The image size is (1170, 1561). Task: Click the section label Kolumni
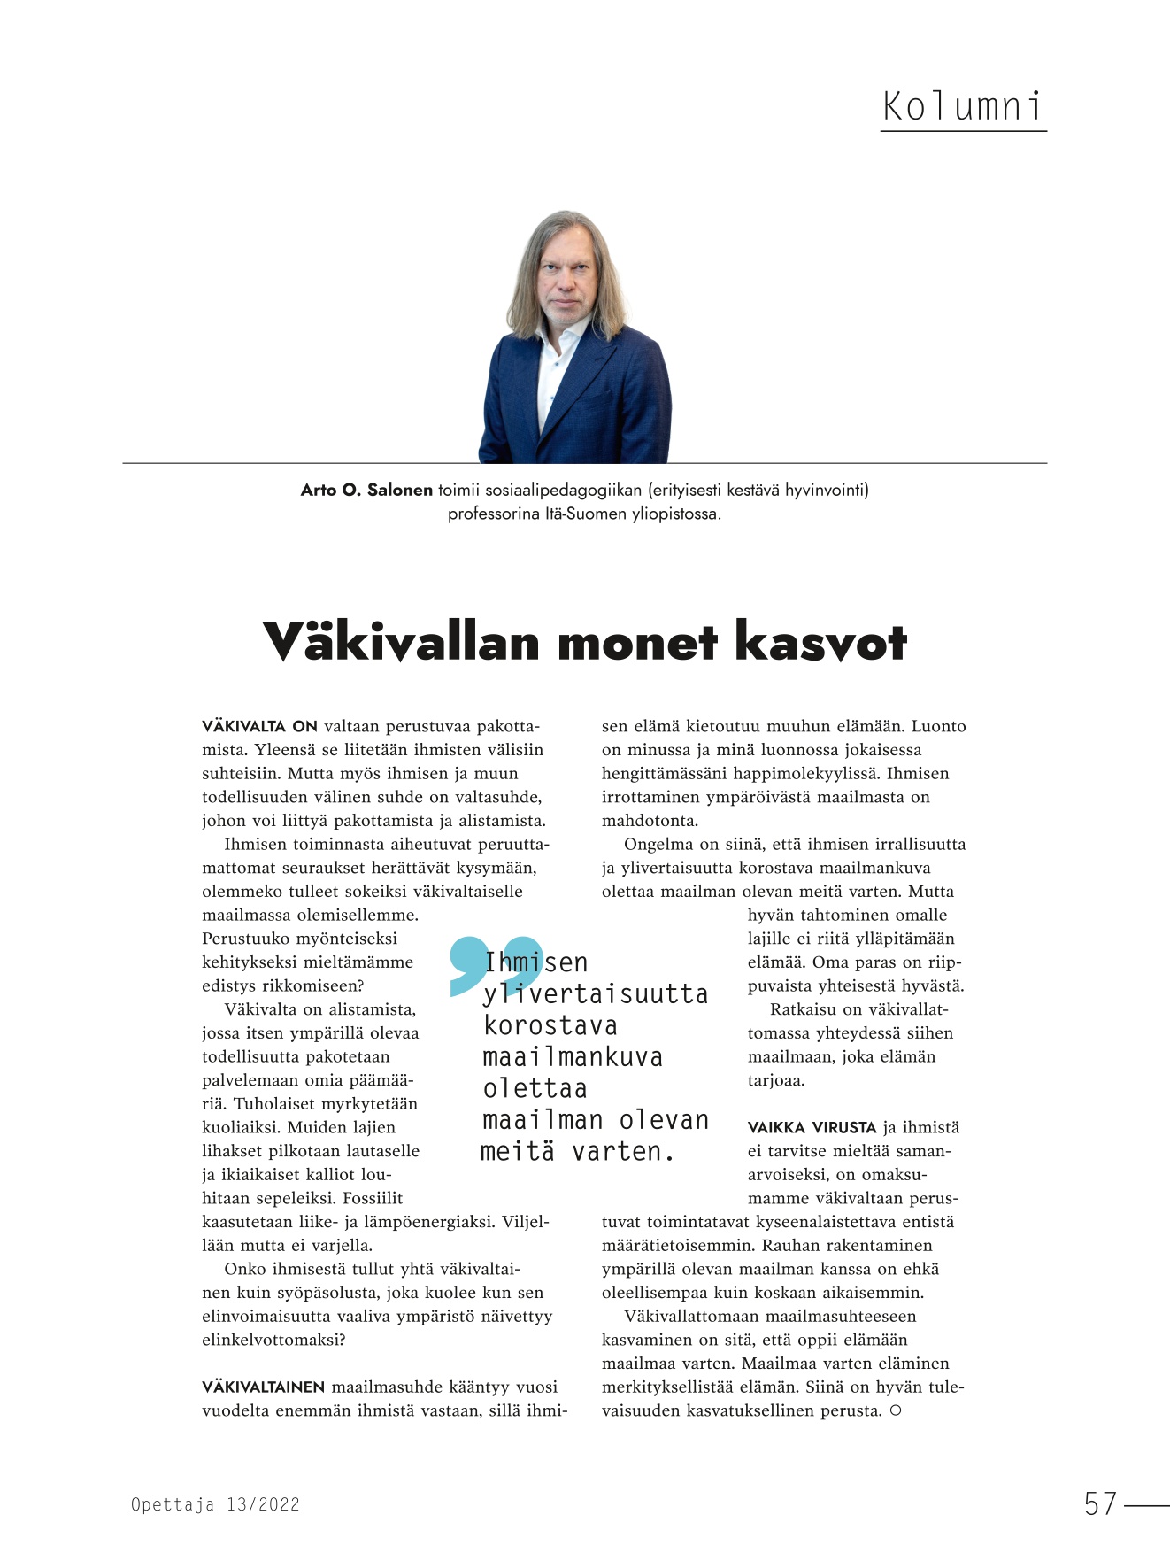pyautogui.click(x=963, y=107)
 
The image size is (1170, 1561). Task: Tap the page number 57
pyautogui.click(x=1100, y=1503)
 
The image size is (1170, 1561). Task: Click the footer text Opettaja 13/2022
pyautogui.click(x=215, y=1504)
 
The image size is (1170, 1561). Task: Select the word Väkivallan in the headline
pyautogui.click(x=401, y=642)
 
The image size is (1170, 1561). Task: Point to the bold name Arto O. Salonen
pyautogui.click(x=366, y=490)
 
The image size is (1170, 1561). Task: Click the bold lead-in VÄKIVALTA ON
pyautogui.click(x=259, y=727)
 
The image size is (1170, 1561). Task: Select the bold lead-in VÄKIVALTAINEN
pyautogui.click(x=264, y=1387)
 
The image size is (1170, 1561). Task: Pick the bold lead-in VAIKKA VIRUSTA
pyautogui.click(x=812, y=1128)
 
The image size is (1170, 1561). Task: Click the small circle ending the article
pyautogui.click(x=896, y=1410)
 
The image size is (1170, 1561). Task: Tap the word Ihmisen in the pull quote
pyautogui.click(x=536, y=962)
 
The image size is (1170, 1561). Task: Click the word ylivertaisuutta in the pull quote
pyautogui.click(x=595, y=994)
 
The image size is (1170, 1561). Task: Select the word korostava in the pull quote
pyautogui.click(x=550, y=1025)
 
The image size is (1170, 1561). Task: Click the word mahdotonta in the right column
pyautogui.click(x=649, y=821)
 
